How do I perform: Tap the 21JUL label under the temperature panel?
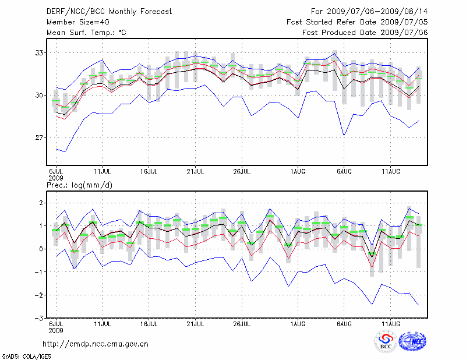pyautogui.click(x=195, y=171)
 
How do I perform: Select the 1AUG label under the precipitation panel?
pyautogui.click(x=298, y=324)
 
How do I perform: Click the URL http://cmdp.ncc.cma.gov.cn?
pyautogui.click(x=96, y=344)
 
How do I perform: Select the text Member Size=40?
pyautogui.click(x=76, y=22)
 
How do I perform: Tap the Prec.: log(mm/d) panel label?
pyautogui.click(x=81, y=185)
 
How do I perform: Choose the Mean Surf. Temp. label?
pyautogui.click(x=86, y=33)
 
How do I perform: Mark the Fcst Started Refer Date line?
pyautogui.click(x=357, y=22)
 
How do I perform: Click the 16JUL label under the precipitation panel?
pyautogui.click(x=149, y=324)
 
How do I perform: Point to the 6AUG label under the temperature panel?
pyautogui.click(x=344, y=171)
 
